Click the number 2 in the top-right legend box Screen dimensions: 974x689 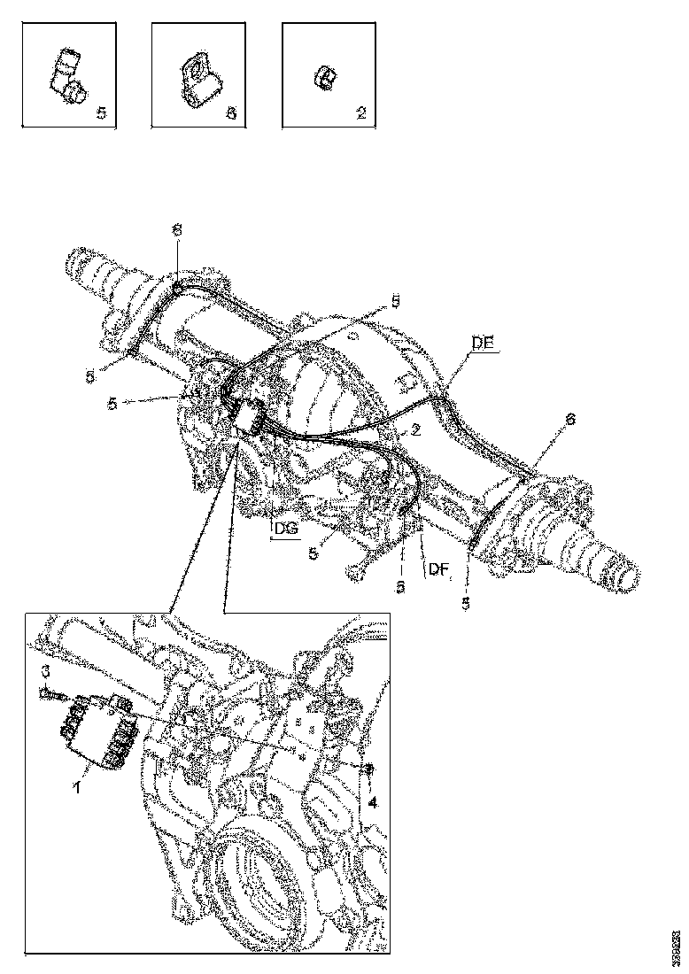[360, 113]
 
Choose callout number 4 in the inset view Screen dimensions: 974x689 [373, 802]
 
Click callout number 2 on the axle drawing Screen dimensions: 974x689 [414, 429]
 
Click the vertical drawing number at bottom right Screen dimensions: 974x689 [675, 945]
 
